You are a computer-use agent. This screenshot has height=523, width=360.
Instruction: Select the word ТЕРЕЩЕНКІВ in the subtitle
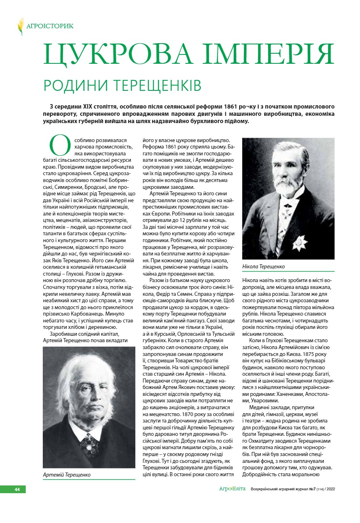coord(155,86)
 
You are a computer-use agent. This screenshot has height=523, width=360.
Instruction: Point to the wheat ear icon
coord(21,26)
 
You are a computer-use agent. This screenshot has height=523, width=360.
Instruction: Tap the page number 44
coord(17,489)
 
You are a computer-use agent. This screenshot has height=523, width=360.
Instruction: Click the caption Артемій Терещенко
coord(67,475)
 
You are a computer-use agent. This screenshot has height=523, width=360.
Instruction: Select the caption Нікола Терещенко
coord(264,267)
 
